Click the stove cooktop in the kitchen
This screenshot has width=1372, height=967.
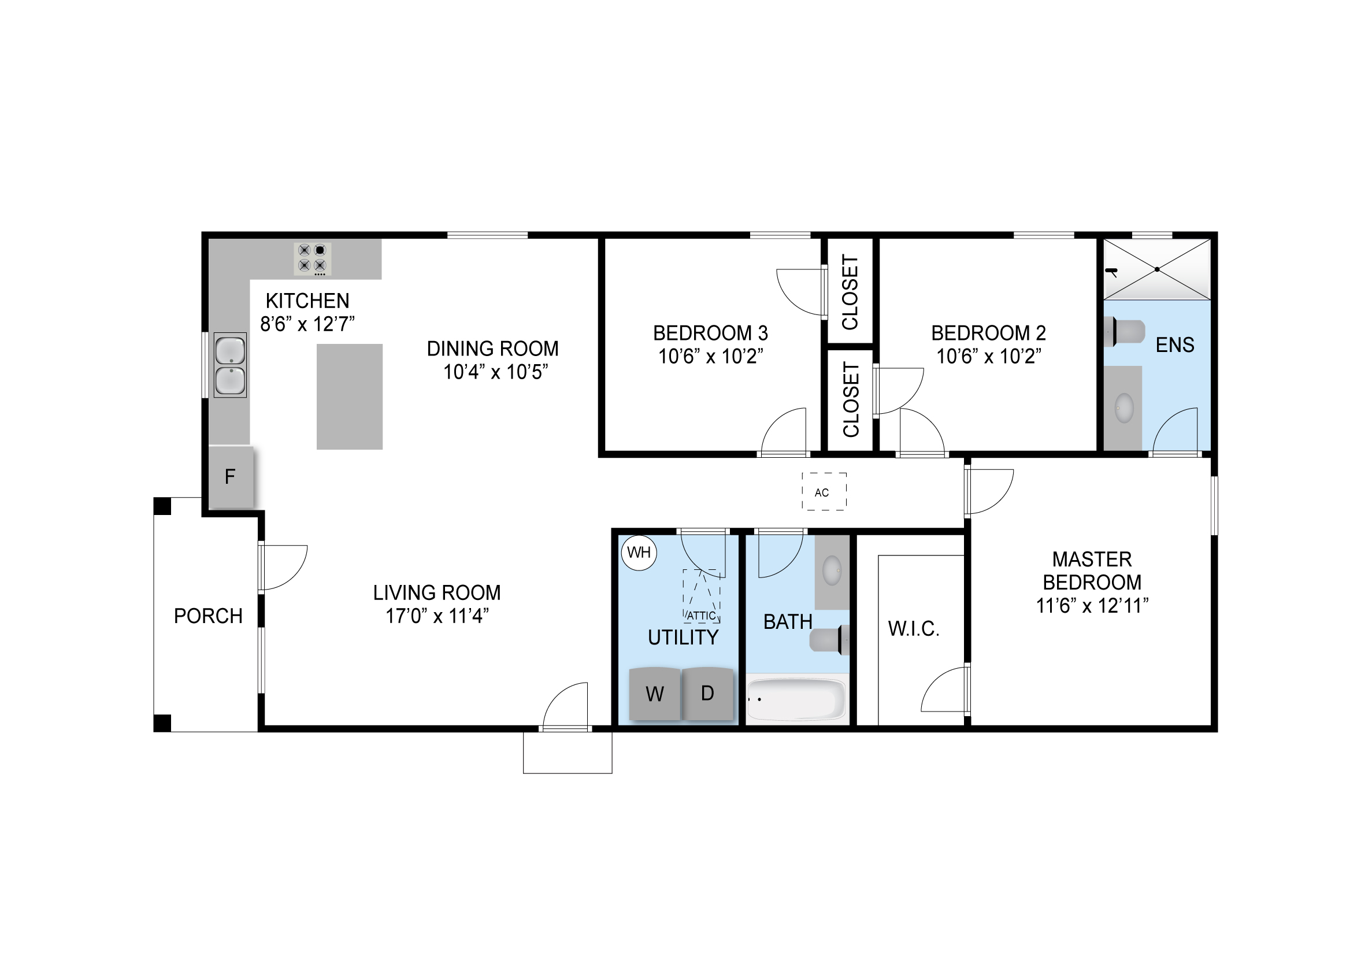point(313,259)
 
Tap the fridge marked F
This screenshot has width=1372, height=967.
point(231,477)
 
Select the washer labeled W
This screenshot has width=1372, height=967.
point(655,694)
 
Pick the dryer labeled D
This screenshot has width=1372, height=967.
point(707,693)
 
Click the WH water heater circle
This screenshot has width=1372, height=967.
point(639,553)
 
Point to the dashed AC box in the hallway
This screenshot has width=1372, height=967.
point(824,491)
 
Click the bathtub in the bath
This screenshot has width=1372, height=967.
point(797,699)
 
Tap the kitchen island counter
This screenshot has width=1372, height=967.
point(350,397)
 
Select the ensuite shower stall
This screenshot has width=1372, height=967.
point(1157,269)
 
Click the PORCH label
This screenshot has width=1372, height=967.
point(208,616)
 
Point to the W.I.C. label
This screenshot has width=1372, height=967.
point(914,629)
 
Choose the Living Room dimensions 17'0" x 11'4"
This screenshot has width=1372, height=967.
point(437,616)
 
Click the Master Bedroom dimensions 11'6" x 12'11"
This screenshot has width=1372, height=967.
point(1092,606)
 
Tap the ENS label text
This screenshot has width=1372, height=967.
point(1175,345)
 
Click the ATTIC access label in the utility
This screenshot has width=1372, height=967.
point(701,616)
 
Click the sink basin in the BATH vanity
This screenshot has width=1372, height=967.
point(832,570)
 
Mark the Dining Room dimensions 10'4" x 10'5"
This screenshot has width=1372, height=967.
point(495,372)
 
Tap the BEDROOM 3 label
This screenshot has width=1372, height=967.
point(710,333)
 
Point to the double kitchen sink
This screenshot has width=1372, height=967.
point(230,365)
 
